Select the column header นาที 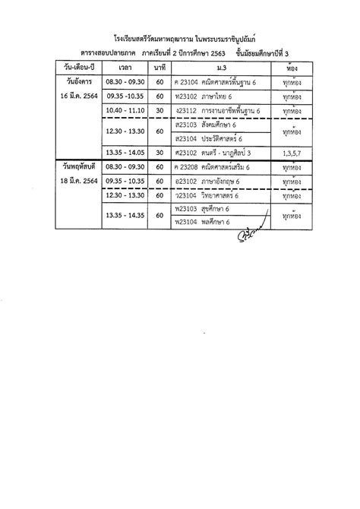click(x=160, y=69)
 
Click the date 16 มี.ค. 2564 click(x=79, y=96)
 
